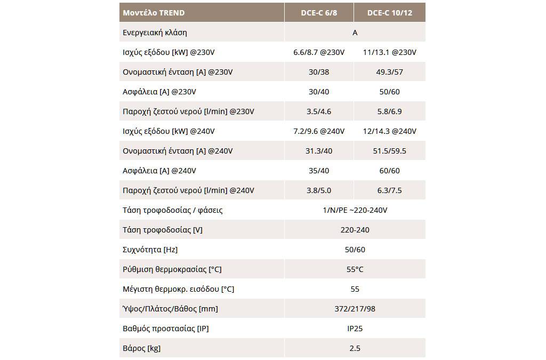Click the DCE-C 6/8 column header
point(319,13)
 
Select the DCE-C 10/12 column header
point(390,13)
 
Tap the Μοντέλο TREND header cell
point(154,13)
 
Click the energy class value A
point(355,33)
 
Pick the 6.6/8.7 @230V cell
point(319,52)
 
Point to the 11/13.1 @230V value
point(390,52)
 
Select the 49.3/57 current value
point(390,72)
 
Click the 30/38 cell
point(319,72)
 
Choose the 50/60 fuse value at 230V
point(390,92)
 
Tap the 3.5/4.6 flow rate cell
point(319,111)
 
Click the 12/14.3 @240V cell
point(390,131)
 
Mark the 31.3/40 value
point(319,151)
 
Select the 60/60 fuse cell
point(390,171)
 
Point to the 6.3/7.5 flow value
point(390,190)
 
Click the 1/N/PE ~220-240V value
point(355,210)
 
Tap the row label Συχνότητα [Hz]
point(150,250)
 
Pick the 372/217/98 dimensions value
point(355,309)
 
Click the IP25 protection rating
point(355,329)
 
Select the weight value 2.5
point(355,348)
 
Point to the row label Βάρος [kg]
point(142,348)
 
